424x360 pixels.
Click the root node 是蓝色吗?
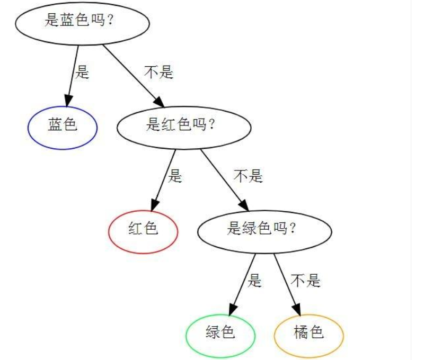point(82,23)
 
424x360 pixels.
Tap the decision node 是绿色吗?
point(264,230)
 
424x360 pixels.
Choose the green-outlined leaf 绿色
point(220,334)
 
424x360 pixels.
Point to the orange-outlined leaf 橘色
point(309,334)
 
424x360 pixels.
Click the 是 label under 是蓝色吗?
point(82,71)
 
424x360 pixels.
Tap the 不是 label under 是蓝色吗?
point(159,71)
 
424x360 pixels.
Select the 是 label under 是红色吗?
point(175,176)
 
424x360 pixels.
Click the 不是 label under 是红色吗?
point(248,176)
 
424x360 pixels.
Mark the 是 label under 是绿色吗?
point(255,280)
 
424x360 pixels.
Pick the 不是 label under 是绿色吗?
point(306,280)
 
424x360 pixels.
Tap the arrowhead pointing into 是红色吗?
point(158,102)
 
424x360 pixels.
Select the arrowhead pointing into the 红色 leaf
point(155,205)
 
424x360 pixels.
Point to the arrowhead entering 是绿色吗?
point(244,205)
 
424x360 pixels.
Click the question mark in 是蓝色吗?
point(110,23)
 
